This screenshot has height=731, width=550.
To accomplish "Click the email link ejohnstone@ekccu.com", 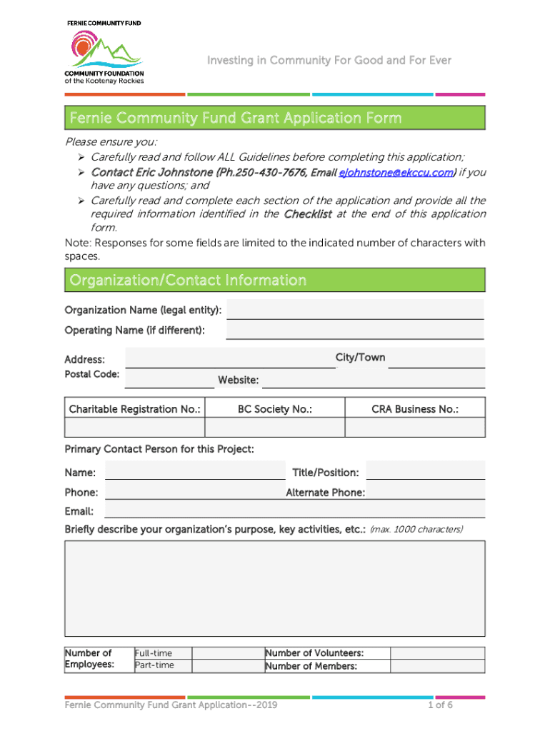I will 396,173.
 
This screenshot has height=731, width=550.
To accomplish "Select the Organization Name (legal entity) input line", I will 355,310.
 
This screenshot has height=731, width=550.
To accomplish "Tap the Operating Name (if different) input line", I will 355,330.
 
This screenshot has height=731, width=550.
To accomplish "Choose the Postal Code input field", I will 169,378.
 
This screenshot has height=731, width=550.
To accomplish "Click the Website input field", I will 374,380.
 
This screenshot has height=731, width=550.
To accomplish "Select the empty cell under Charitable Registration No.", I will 135,427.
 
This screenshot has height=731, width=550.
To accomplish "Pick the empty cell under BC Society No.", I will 275,427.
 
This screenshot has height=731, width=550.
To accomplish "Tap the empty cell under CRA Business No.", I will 415,427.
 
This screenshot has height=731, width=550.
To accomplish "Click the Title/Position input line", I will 426,471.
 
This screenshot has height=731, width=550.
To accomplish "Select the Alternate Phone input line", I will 426,492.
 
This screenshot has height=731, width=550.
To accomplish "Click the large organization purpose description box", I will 275,588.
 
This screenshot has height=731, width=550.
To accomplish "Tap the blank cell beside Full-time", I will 227,653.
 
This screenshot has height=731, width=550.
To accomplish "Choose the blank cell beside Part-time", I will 227,665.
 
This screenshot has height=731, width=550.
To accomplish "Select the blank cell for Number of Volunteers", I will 437,653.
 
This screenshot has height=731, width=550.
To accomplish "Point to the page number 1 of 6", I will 441,705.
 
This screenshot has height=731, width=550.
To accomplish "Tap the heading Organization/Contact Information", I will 189,281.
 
